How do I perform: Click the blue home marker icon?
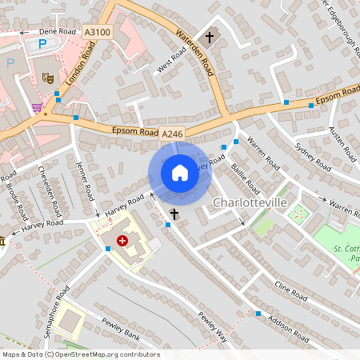click(x=180, y=173)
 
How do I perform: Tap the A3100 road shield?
click(x=97, y=32)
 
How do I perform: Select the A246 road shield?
click(x=172, y=134)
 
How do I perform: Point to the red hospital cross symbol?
click(x=122, y=240)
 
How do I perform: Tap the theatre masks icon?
click(x=47, y=78)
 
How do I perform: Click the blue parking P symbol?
click(x=10, y=62)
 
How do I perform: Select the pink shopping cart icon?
click(x=37, y=107)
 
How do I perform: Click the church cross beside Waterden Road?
click(x=210, y=37)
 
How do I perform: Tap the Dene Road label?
click(x=58, y=32)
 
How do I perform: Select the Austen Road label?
click(x=342, y=141)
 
